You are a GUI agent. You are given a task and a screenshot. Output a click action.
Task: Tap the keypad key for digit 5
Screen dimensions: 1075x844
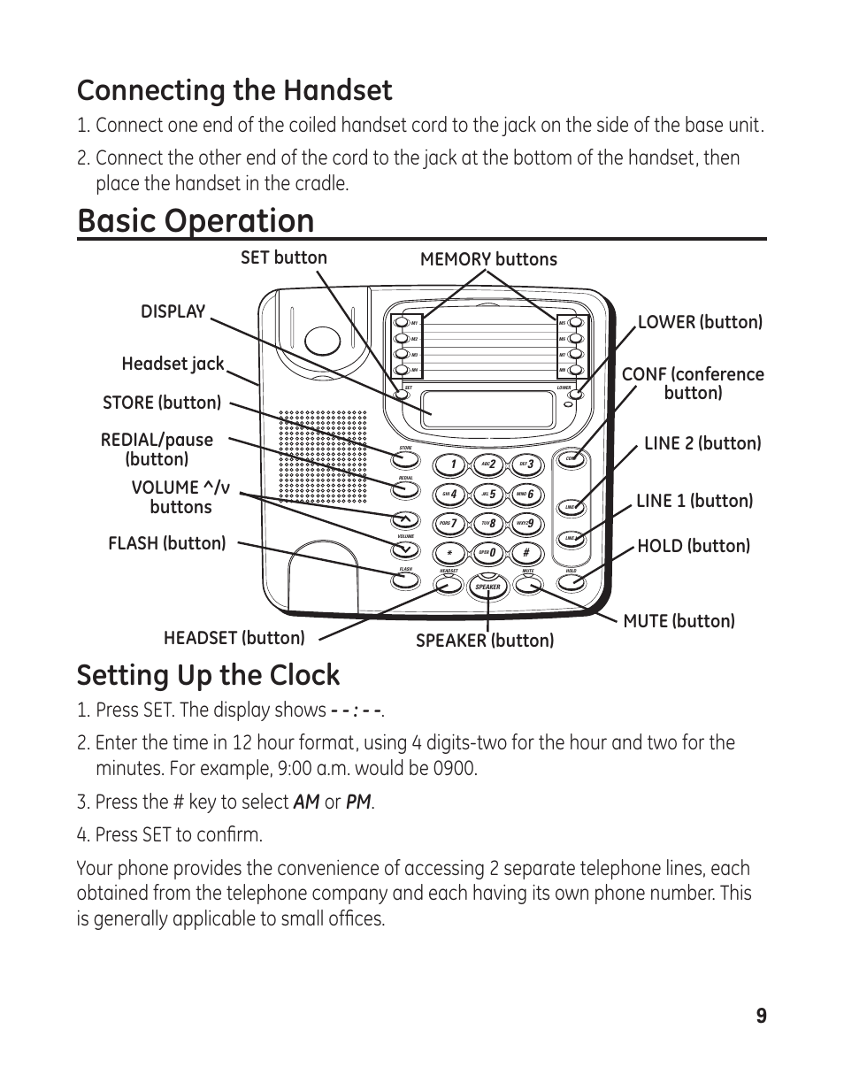coord(488,495)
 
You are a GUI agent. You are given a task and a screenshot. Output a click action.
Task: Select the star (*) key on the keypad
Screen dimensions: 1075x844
coord(451,554)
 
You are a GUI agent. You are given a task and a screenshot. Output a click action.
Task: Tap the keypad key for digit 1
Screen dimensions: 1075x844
coord(451,465)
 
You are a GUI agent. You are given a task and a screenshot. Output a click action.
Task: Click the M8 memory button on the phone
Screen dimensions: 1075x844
coord(575,369)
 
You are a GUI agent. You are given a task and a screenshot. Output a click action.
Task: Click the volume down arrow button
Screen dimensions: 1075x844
coord(405,549)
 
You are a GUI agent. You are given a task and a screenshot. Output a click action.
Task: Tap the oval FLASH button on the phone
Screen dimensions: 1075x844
coord(405,580)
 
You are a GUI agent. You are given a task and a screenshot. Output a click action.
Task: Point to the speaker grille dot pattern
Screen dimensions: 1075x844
coord(323,456)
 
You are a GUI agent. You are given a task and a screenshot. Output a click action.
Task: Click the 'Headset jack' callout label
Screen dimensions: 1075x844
coord(173,364)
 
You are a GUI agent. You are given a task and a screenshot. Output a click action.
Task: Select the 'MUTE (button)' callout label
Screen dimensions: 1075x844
coord(679,621)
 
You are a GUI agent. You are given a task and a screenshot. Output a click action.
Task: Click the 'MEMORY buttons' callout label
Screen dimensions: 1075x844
coord(488,259)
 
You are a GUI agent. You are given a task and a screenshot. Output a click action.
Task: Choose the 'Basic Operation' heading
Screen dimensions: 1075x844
coord(196,220)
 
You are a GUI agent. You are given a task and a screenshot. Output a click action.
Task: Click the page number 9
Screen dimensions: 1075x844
coord(761,1016)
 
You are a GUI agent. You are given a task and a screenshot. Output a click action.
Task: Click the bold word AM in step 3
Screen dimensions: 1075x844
coord(306,802)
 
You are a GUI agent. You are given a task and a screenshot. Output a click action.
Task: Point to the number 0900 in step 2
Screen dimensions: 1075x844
coord(455,768)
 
